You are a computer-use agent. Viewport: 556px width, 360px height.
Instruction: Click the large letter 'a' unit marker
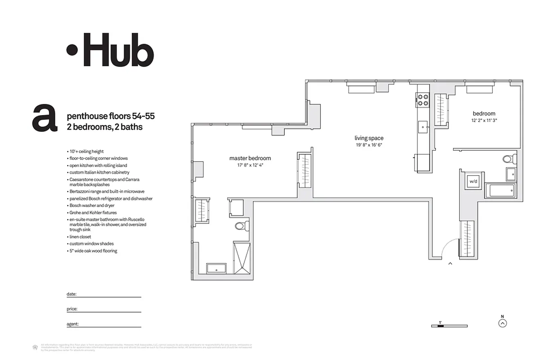[45, 118]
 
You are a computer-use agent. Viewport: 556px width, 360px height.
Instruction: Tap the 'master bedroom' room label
[250, 158]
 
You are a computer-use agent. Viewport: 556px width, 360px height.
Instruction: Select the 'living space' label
[368, 138]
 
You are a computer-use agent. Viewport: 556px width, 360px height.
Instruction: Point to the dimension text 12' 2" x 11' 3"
[484, 120]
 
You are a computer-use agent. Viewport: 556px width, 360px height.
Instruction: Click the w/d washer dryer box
[473, 181]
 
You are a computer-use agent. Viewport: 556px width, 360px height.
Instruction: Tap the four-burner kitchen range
[422, 100]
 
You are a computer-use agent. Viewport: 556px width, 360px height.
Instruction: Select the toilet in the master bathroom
[242, 226]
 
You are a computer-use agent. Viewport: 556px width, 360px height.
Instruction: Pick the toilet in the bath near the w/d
[509, 158]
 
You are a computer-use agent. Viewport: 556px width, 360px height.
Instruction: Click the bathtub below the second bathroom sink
[501, 190]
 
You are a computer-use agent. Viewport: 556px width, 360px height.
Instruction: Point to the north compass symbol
[502, 322]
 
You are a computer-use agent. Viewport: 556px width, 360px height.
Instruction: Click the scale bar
[449, 325]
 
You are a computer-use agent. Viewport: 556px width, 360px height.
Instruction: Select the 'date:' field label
[72, 294]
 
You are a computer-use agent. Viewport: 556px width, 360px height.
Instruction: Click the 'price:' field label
[72, 309]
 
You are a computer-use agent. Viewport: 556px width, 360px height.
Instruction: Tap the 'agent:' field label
[72, 324]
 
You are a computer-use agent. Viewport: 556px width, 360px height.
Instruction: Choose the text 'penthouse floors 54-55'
[111, 116]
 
